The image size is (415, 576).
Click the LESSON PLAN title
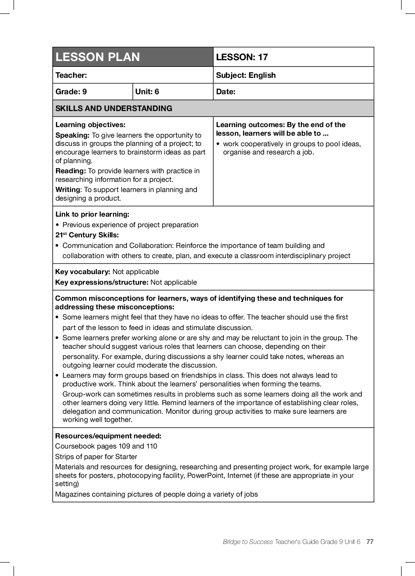[98, 57]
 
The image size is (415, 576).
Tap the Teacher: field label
[71, 75]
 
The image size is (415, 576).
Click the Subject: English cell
[246, 75]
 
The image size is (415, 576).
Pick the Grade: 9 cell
[71, 92]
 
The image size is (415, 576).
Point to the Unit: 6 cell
[147, 92]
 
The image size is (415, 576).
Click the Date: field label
[225, 92]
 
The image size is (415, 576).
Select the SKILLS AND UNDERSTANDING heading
[114, 108]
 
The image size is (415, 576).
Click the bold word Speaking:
[73, 135]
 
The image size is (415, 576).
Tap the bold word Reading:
[71, 171]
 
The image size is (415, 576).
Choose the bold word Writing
[68, 190]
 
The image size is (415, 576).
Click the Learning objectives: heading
[90, 125]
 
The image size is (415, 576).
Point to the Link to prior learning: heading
[92, 214]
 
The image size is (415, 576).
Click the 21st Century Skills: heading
[87, 235]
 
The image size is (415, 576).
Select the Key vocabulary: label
[83, 272]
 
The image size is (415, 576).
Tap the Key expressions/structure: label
[102, 282]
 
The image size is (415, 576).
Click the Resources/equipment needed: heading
[108, 436]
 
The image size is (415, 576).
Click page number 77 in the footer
[370, 542]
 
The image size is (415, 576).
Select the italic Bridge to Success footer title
[248, 542]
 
